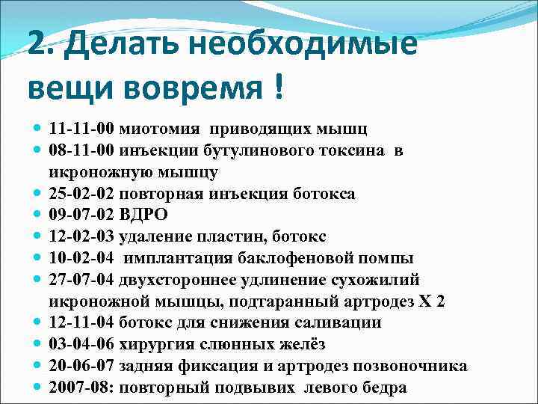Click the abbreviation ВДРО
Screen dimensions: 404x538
tap(143, 215)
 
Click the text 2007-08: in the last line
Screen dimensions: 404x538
tap(81, 388)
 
